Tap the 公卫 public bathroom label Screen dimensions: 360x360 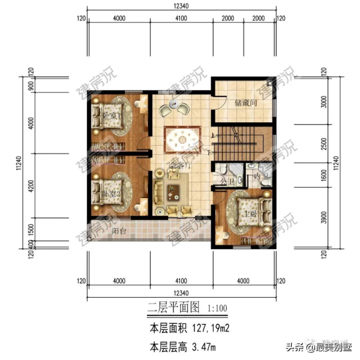pyautogui.click(x=226, y=178)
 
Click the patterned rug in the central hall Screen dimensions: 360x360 pyautogui.click(x=181, y=141)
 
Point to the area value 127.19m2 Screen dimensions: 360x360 pyautogui.click(x=209, y=329)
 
